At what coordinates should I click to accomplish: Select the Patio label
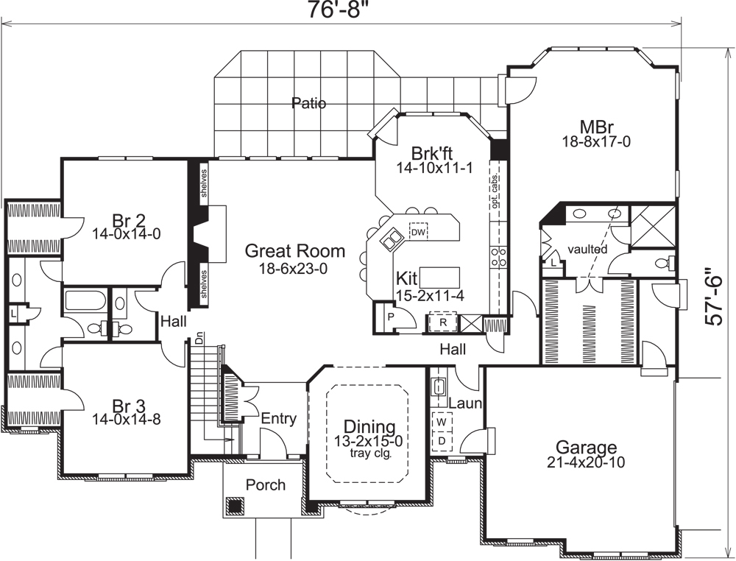coord(308,103)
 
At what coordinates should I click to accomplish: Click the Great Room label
coord(292,251)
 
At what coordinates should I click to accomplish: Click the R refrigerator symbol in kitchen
coord(443,322)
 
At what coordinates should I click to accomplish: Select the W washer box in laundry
coord(442,423)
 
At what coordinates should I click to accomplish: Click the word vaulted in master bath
coord(587,250)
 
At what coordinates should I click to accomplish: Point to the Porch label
coord(266,485)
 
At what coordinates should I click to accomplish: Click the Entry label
coord(279,419)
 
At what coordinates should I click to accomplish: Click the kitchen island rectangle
coord(440,277)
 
